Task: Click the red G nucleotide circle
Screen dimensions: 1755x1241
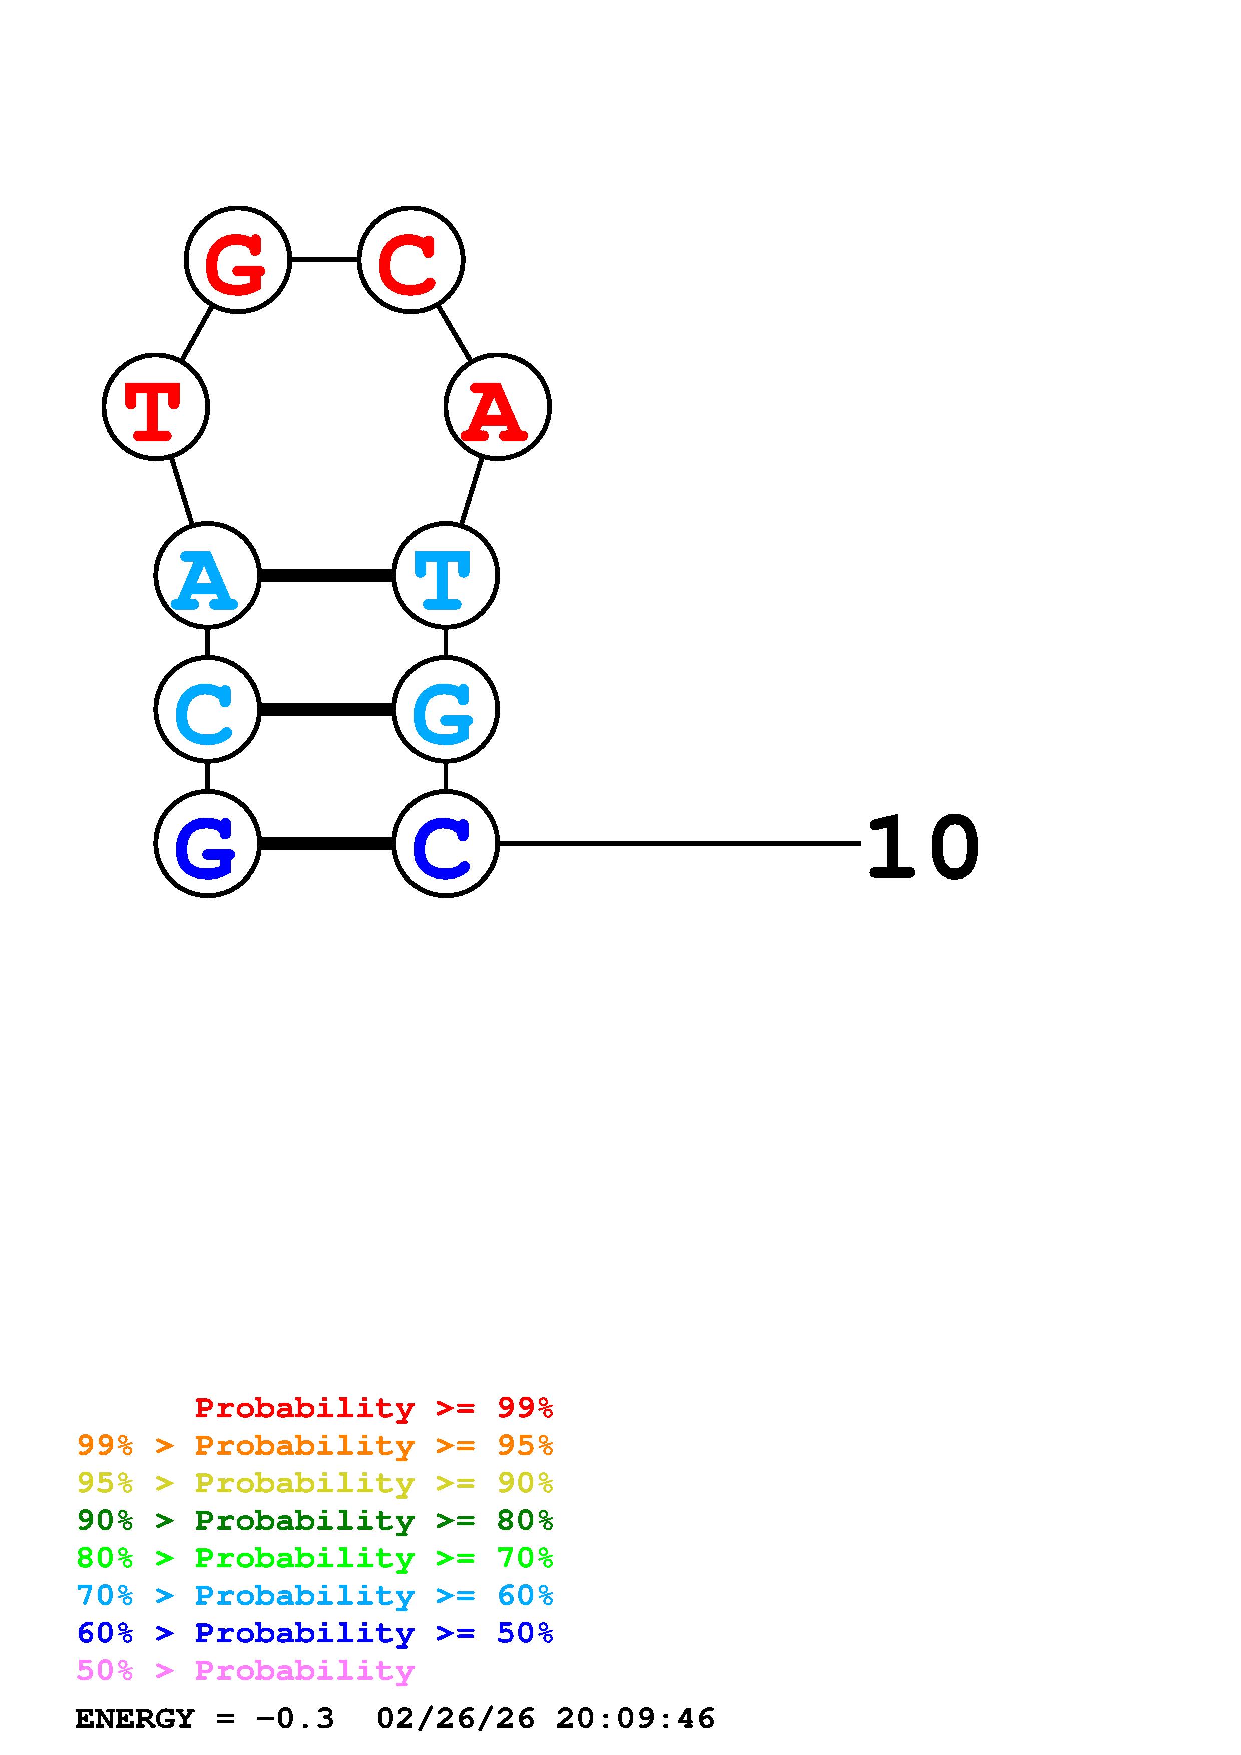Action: (238, 260)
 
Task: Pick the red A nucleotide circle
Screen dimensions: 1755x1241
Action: (497, 407)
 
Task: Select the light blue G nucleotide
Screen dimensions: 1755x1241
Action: (446, 709)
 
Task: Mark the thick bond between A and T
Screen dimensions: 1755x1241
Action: (326, 575)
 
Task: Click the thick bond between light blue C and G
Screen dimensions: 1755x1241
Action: (326, 710)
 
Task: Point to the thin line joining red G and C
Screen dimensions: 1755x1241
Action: (324, 260)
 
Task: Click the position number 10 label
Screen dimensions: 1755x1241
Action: (923, 847)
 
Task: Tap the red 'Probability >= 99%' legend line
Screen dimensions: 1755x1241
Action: (374, 1408)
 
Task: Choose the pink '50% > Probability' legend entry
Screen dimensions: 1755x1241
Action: (245, 1671)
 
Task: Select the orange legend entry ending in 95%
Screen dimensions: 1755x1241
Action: (315, 1445)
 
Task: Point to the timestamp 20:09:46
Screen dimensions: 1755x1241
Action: (635, 1719)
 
